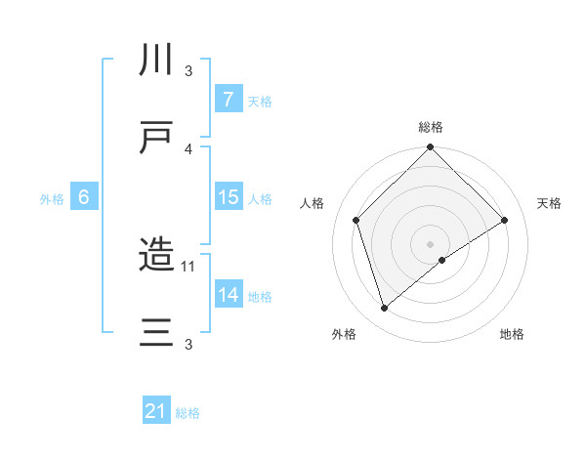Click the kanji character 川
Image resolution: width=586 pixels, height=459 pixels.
156,60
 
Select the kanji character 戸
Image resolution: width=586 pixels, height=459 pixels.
156,139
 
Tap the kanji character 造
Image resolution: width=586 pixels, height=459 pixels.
156,256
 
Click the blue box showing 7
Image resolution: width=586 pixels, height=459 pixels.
228,100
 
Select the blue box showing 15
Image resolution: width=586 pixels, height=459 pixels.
228,197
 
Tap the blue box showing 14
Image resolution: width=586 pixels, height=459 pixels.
228,295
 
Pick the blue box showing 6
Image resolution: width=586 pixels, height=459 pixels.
84,197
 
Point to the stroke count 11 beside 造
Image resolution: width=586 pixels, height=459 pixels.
189,266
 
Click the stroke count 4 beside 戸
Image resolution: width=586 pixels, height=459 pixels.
188,148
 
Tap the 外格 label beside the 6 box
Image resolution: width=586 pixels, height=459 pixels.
52,198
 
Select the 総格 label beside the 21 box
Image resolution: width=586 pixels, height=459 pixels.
188,413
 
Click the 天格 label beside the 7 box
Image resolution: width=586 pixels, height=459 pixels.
260,101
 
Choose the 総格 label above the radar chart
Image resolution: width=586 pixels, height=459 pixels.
430,127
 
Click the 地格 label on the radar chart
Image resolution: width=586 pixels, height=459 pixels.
512,335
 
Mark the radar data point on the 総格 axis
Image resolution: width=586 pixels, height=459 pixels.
430,148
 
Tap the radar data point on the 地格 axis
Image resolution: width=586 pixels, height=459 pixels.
442,260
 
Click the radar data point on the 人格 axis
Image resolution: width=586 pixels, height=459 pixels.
356,220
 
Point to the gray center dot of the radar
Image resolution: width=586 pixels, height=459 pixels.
430,243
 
